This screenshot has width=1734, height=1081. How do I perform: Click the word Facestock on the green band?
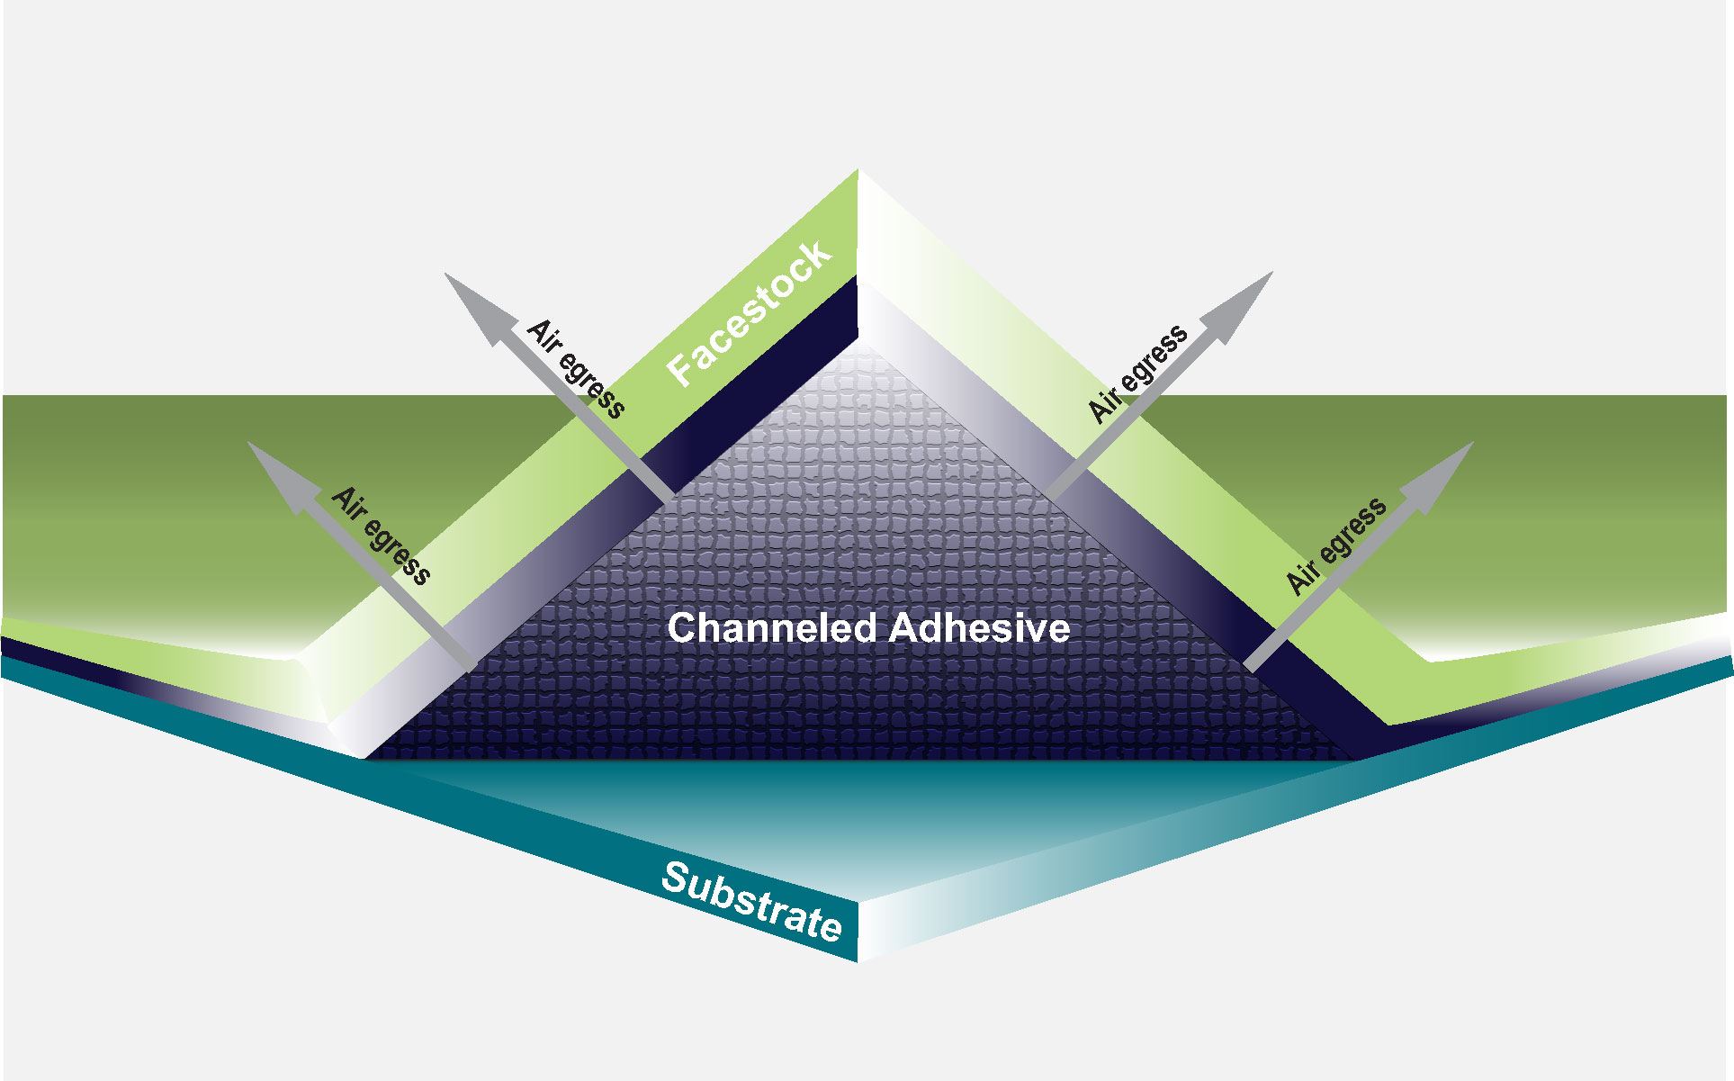point(749,313)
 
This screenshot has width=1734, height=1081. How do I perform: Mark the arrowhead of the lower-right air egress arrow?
point(1439,476)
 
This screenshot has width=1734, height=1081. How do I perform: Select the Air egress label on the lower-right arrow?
point(1336,545)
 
